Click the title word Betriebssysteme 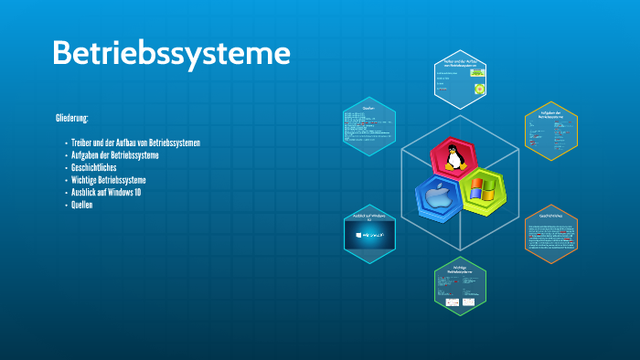coord(171,52)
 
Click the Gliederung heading coord(78,119)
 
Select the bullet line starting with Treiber coord(135,143)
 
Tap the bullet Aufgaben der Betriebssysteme coord(115,155)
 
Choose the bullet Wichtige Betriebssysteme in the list coord(109,180)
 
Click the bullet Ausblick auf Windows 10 coord(106,193)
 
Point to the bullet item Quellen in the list coord(82,205)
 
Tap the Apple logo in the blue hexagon coord(437,197)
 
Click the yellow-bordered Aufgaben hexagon coord(550,130)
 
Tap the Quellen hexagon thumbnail coord(370,128)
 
